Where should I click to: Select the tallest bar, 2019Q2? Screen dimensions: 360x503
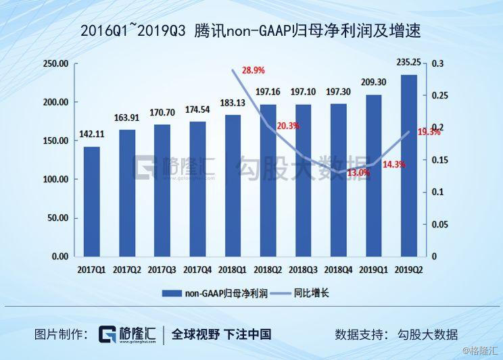point(409,165)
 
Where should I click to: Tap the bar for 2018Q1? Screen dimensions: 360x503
point(233,186)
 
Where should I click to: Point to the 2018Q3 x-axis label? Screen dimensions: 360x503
point(303,269)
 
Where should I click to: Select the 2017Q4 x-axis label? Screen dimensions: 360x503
point(197,269)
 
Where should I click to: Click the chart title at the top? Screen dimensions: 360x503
point(251,31)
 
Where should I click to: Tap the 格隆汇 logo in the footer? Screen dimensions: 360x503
point(128,334)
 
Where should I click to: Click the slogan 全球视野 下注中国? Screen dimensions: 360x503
point(221,334)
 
